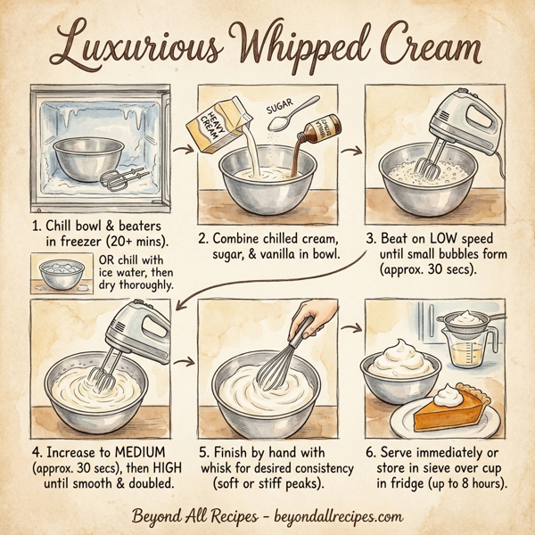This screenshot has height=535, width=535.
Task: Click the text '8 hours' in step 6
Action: (x=478, y=484)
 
